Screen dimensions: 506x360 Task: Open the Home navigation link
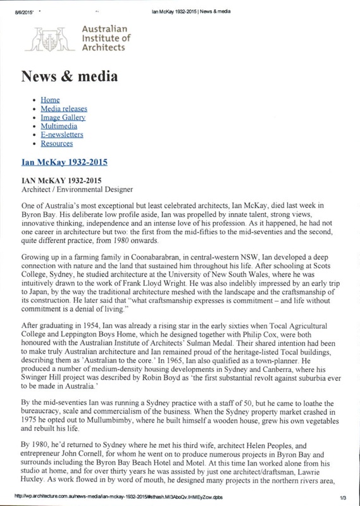pyautogui.click(x=50, y=101)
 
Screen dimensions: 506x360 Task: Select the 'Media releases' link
pyautogui.click(x=64, y=109)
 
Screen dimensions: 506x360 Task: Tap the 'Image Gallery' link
pyautogui.click(x=63, y=118)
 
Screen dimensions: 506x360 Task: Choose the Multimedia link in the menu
pyautogui.click(x=59, y=126)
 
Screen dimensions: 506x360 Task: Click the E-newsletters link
pyautogui.click(x=62, y=135)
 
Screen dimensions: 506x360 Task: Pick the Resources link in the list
pyautogui.click(x=58, y=143)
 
